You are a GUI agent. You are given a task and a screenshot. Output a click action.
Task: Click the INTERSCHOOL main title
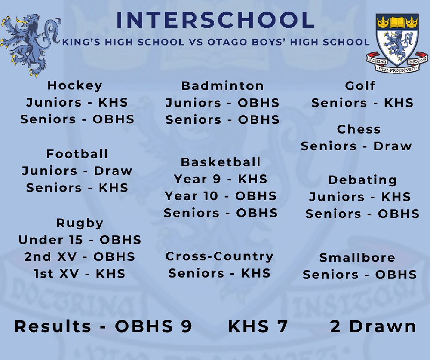point(215,20)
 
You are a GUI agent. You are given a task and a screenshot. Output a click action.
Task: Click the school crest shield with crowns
point(397,43)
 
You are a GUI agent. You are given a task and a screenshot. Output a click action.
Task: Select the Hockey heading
point(75,86)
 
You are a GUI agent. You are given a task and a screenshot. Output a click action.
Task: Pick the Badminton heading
point(223,86)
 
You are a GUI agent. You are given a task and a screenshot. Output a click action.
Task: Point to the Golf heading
point(360,86)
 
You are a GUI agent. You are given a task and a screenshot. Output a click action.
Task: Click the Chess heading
point(359,129)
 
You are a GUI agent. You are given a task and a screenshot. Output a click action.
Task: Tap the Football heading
point(77,154)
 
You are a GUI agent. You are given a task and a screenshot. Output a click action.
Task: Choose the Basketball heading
point(221,162)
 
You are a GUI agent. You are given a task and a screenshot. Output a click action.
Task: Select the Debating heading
point(362,180)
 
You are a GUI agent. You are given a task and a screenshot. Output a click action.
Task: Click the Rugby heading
point(80,223)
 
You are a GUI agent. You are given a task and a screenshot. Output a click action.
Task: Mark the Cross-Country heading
point(219,257)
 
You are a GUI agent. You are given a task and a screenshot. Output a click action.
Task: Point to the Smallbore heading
point(357,257)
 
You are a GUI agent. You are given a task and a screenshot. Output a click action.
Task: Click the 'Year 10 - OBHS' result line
point(221,196)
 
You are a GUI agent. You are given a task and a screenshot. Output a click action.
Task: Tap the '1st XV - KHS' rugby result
point(80,274)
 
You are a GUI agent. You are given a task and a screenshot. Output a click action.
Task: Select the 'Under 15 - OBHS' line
point(80,240)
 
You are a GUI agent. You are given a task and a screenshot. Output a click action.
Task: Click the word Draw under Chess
point(393,146)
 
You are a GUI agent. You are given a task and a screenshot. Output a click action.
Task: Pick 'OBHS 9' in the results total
point(154,326)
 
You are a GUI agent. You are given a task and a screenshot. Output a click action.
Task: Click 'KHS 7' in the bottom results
point(258,326)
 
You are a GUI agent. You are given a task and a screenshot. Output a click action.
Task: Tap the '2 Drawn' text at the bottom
point(373,326)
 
